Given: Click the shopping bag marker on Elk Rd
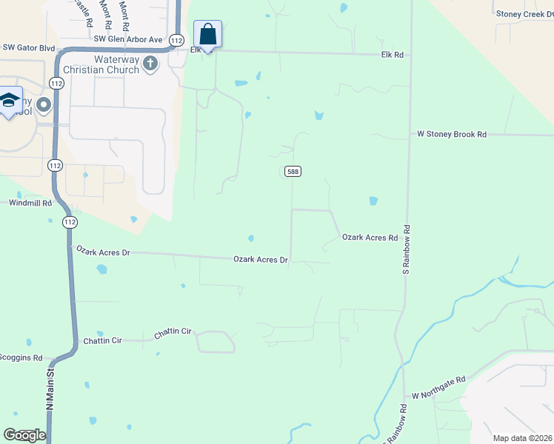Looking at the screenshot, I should coord(208,35).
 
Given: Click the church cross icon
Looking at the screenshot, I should coord(150,63).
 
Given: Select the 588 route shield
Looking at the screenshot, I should coord(292,171).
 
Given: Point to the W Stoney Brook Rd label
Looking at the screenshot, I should coord(451,135).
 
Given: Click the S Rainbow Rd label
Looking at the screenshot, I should coord(406,251).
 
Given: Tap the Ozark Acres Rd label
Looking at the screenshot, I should coord(370,238).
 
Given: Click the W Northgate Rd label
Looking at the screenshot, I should coord(438,387).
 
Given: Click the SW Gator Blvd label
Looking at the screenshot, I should coord(29,48).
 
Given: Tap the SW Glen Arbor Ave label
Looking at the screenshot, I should coord(127,38).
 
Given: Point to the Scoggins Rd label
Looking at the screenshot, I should coord(21,357).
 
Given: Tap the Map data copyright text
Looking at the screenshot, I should coord(522,438).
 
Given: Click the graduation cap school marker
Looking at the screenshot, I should coord(10,101).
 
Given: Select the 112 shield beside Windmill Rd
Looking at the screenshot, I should coord(70,222).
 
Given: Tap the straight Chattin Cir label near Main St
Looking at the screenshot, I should coord(106,340).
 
